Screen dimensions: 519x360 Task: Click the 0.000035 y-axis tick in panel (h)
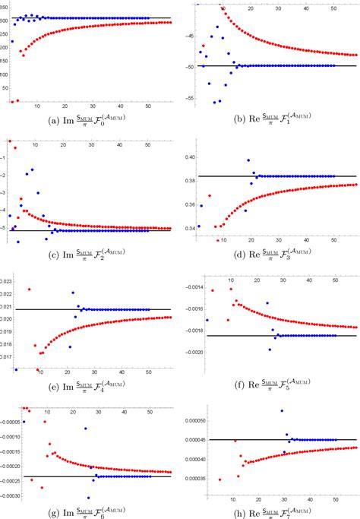click(x=191, y=479)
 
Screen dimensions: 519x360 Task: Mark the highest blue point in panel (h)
click(x=283, y=411)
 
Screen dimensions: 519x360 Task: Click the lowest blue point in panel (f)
click(x=270, y=350)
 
